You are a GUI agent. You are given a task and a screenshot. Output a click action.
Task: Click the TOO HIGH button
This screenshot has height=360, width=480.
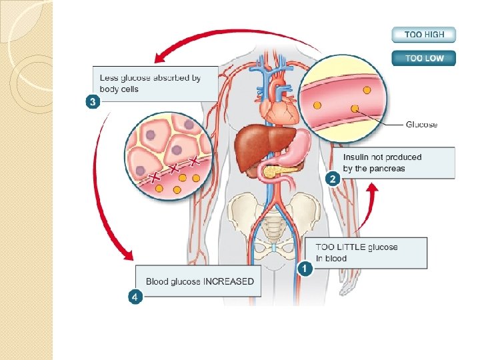pos(423,35)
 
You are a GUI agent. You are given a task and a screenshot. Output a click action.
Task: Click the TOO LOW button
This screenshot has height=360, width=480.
pos(423,58)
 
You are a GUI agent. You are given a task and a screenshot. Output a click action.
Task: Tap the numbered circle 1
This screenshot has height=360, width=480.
pos(305,269)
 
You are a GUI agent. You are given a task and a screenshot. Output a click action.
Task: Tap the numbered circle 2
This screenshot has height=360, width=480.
pos(332,179)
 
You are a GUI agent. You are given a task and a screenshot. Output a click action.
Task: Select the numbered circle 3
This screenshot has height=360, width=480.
pos(93,102)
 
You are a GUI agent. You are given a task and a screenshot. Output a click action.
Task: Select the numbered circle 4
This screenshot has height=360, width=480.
pos(135,297)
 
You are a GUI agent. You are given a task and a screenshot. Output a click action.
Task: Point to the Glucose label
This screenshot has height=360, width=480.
pos(421,125)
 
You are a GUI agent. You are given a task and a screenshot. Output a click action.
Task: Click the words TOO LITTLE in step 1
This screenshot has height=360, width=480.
pos(339,247)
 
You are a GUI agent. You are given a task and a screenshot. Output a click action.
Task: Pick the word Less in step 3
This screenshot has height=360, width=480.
pos(109,78)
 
